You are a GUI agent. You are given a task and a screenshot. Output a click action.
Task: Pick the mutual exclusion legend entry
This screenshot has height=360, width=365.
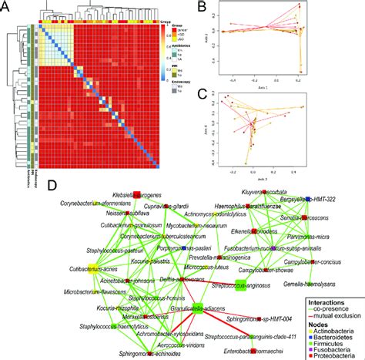tap(337, 306)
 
